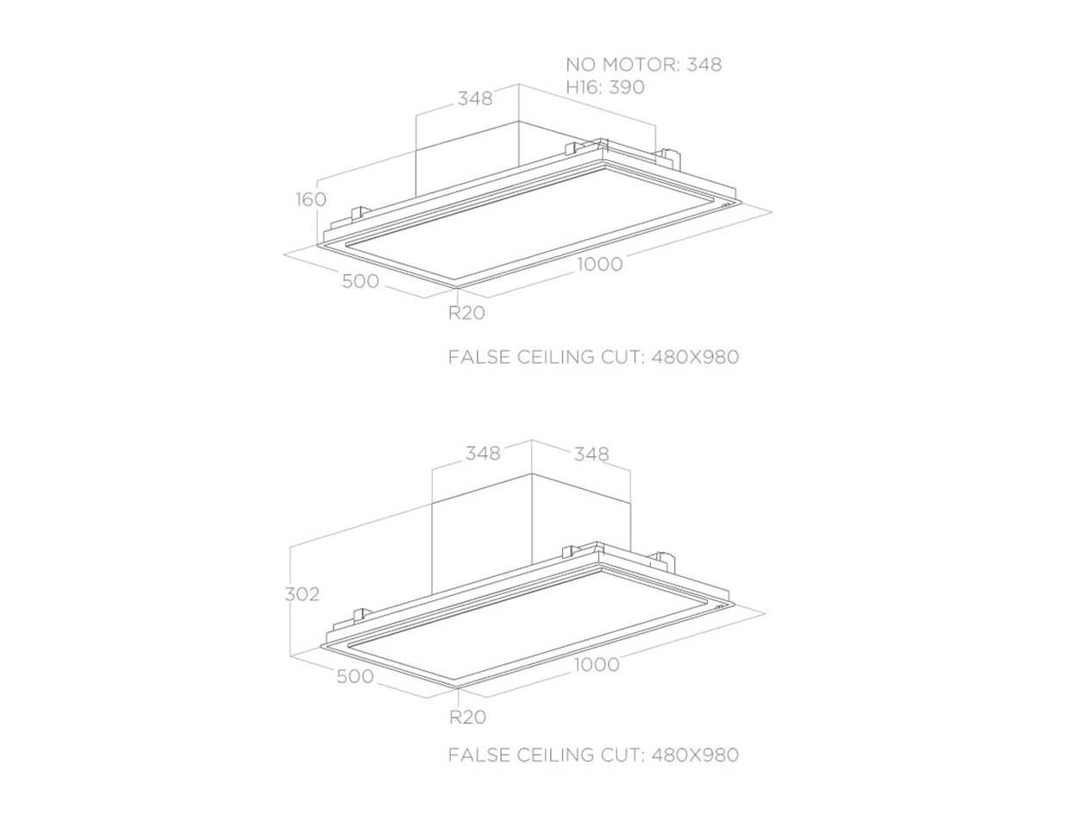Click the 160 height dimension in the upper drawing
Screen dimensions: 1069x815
point(311,199)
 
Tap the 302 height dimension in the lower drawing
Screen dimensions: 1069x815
point(302,594)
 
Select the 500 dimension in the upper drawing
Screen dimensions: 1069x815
point(360,281)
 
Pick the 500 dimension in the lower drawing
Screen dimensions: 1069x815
point(355,676)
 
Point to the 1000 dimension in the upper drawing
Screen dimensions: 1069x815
point(600,265)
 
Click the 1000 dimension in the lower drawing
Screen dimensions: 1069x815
point(597,664)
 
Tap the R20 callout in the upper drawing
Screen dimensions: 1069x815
point(466,313)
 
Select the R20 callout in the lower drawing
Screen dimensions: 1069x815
point(467,717)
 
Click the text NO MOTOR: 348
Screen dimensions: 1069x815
point(644,65)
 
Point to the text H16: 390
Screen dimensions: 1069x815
point(605,87)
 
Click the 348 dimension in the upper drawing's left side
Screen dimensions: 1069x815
point(475,99)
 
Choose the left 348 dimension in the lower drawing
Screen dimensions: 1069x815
point(483,454)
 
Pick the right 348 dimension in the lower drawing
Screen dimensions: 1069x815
point(591,455)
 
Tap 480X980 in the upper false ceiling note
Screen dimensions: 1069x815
point(696,358)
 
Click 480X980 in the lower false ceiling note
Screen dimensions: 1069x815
point(696,755)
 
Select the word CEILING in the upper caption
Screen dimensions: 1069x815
point(555,358)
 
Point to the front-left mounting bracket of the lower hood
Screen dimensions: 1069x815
point(363,615)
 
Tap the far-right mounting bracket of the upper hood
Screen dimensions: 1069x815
point(668,156)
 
